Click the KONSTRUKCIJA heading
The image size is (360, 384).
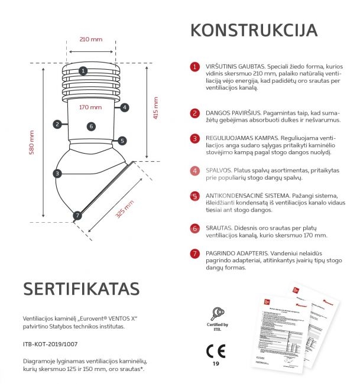[254, 31]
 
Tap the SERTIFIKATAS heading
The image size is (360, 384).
[81, 288]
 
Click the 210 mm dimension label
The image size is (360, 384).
[90, 40]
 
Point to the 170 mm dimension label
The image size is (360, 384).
[90, 108]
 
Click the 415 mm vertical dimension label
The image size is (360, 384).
[155, 108]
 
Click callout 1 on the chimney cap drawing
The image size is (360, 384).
[83, 71]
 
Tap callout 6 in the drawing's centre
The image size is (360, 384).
[90, 126]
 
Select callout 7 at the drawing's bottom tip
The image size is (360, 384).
[77, 216]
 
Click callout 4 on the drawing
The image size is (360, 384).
[125, 108]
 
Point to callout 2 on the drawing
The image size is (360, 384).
[57, 124]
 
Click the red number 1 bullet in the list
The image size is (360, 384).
[194, 67]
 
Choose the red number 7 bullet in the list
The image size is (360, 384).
[194, 254]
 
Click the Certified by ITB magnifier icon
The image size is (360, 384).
[216, 313]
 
